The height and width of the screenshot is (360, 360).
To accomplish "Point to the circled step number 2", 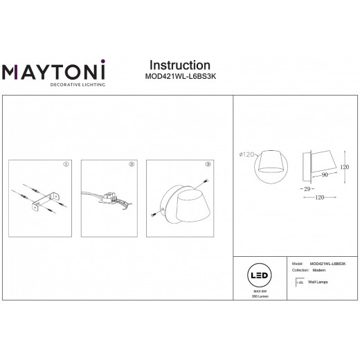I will tap(130, 165).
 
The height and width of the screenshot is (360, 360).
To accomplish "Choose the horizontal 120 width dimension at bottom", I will tap(319, 197).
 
